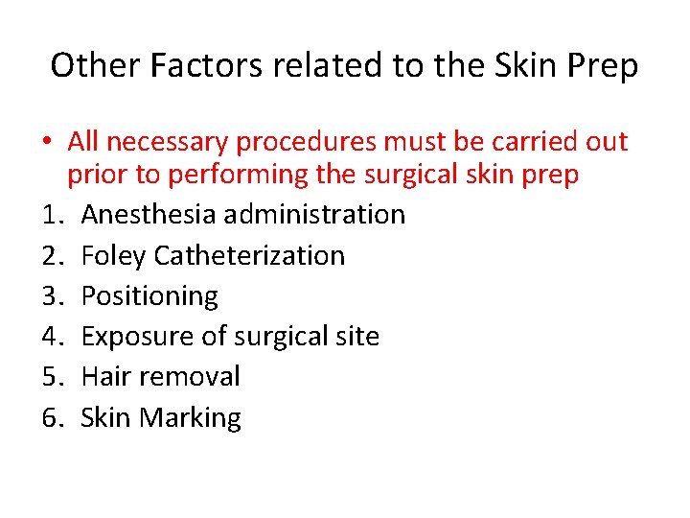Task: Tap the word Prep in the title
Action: (602, 65)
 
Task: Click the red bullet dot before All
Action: (46, 143)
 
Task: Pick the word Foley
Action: (113, 255)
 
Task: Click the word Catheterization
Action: (248, 255)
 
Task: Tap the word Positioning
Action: (149, 295)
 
